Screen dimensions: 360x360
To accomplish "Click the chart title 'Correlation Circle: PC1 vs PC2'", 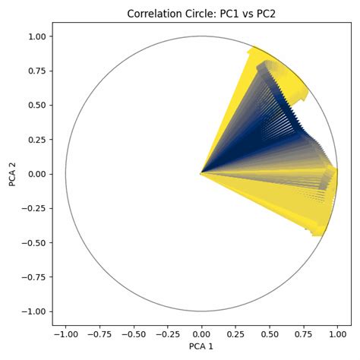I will [201, 13].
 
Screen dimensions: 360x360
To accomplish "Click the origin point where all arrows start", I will [201, 174].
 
